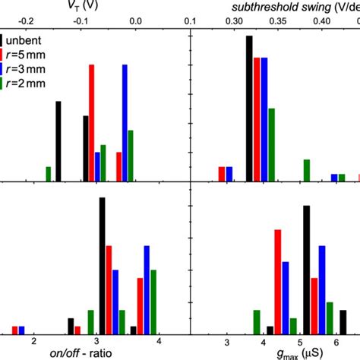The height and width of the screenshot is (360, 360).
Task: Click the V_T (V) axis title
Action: point(80,6)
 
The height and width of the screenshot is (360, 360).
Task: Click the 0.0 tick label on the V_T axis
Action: point(137,21)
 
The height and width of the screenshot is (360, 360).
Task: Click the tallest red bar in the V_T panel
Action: point(92,122)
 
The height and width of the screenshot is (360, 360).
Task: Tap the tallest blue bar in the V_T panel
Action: point(125,122)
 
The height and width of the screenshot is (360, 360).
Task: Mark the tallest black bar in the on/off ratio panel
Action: point(103,265)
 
